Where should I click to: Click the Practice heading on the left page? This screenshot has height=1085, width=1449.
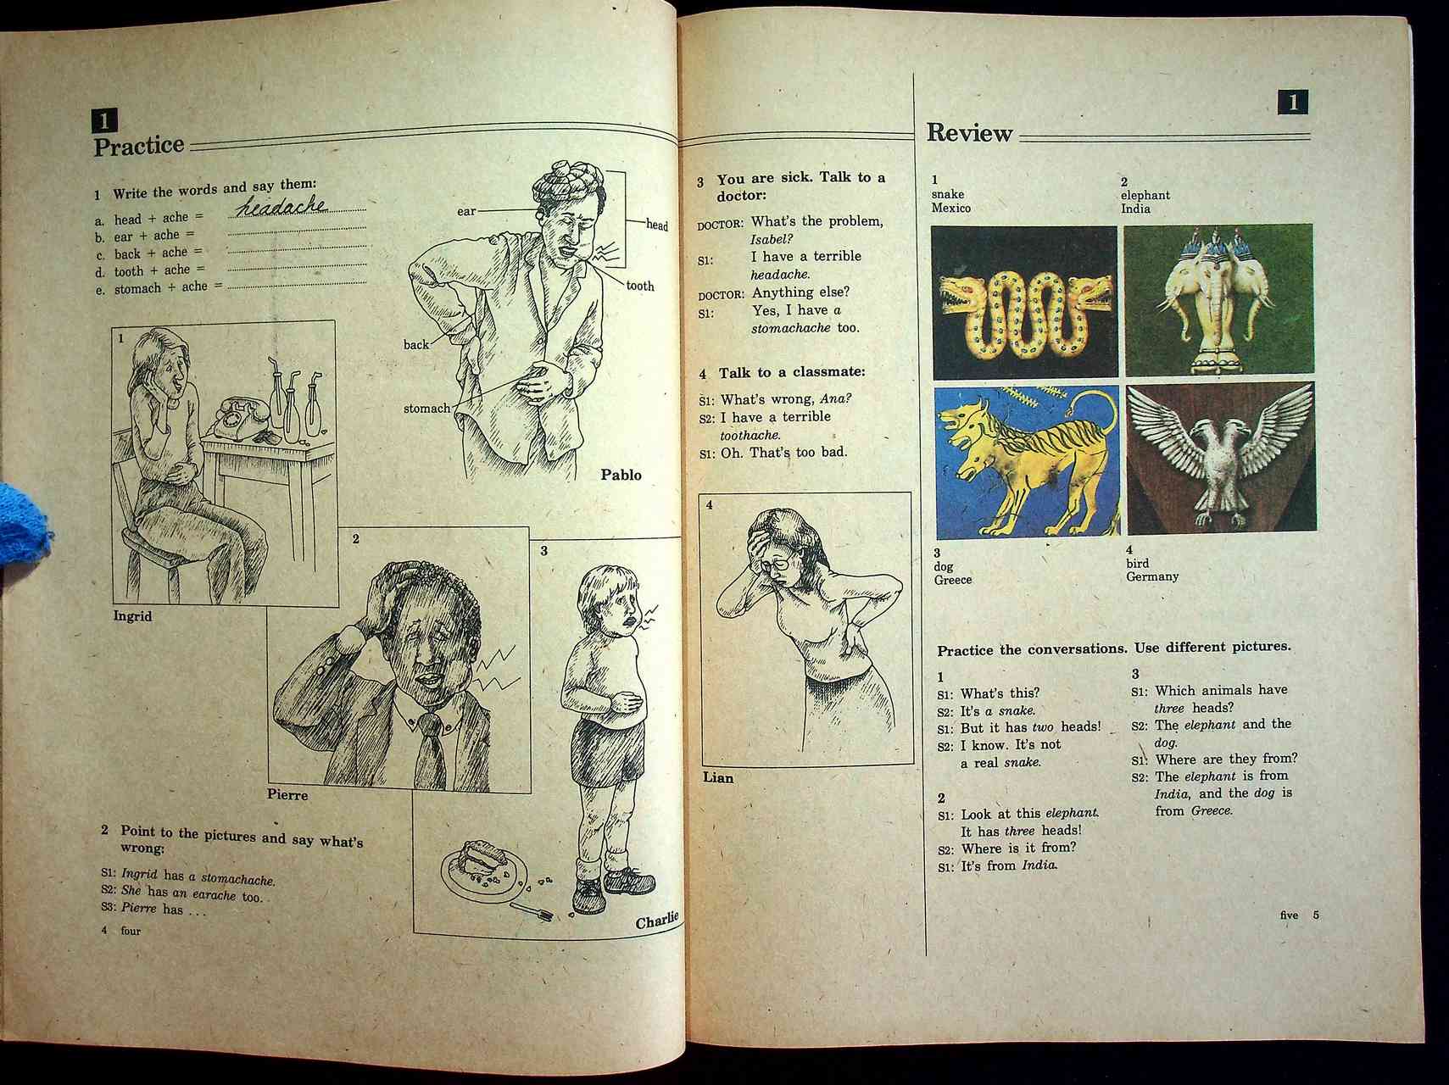(x=138, y=146)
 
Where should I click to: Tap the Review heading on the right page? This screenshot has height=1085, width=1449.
(x=969, y=132)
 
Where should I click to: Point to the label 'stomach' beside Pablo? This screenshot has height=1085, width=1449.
(x=426, y=409)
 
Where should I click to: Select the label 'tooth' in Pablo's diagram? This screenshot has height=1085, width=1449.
(x=640, y=287)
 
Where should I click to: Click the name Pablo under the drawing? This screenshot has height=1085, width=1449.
(x=621, y=475)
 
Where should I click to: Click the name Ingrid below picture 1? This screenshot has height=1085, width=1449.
(x=132, y=616)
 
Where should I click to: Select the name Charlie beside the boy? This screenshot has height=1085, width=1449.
(x=657, y=920)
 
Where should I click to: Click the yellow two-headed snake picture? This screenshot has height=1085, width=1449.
(x=1024, y=303)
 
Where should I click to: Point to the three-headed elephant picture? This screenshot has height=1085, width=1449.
(x=1218, y=300)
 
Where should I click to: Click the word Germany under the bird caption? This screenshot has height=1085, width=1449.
(x=1152, y=576)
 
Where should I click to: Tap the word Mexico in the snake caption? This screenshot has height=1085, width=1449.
(x=950, y=208)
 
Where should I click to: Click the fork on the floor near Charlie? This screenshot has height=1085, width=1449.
(x=531, y=910)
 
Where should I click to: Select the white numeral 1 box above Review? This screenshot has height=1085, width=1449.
(x=1292, y=103)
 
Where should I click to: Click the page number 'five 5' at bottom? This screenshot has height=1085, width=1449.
(x=1300, y=915)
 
